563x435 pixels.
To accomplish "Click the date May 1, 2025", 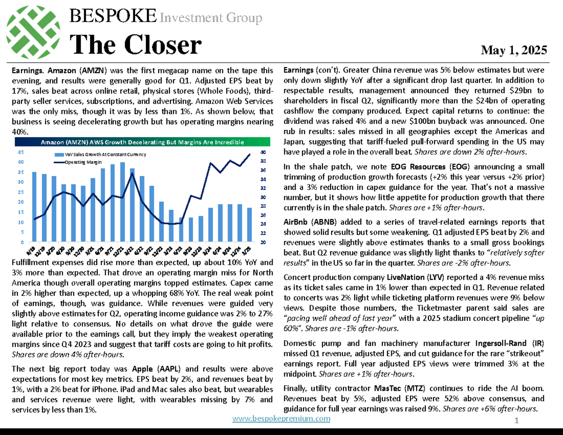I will [518, 50].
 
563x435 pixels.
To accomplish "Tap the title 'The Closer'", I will [136, 46].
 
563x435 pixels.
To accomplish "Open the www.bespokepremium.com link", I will [281, 419].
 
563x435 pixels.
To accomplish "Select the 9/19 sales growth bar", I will [34, 207].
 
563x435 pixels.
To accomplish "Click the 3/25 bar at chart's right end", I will [249, 225].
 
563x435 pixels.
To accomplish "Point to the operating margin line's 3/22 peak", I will [132, 174].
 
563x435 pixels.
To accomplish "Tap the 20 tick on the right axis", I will [263, 242].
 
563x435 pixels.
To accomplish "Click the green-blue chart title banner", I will [142, 142].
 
